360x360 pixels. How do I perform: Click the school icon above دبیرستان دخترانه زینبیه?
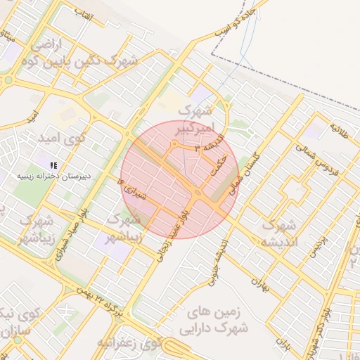(54, 165)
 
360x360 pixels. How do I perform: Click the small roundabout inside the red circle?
(174, 145)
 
